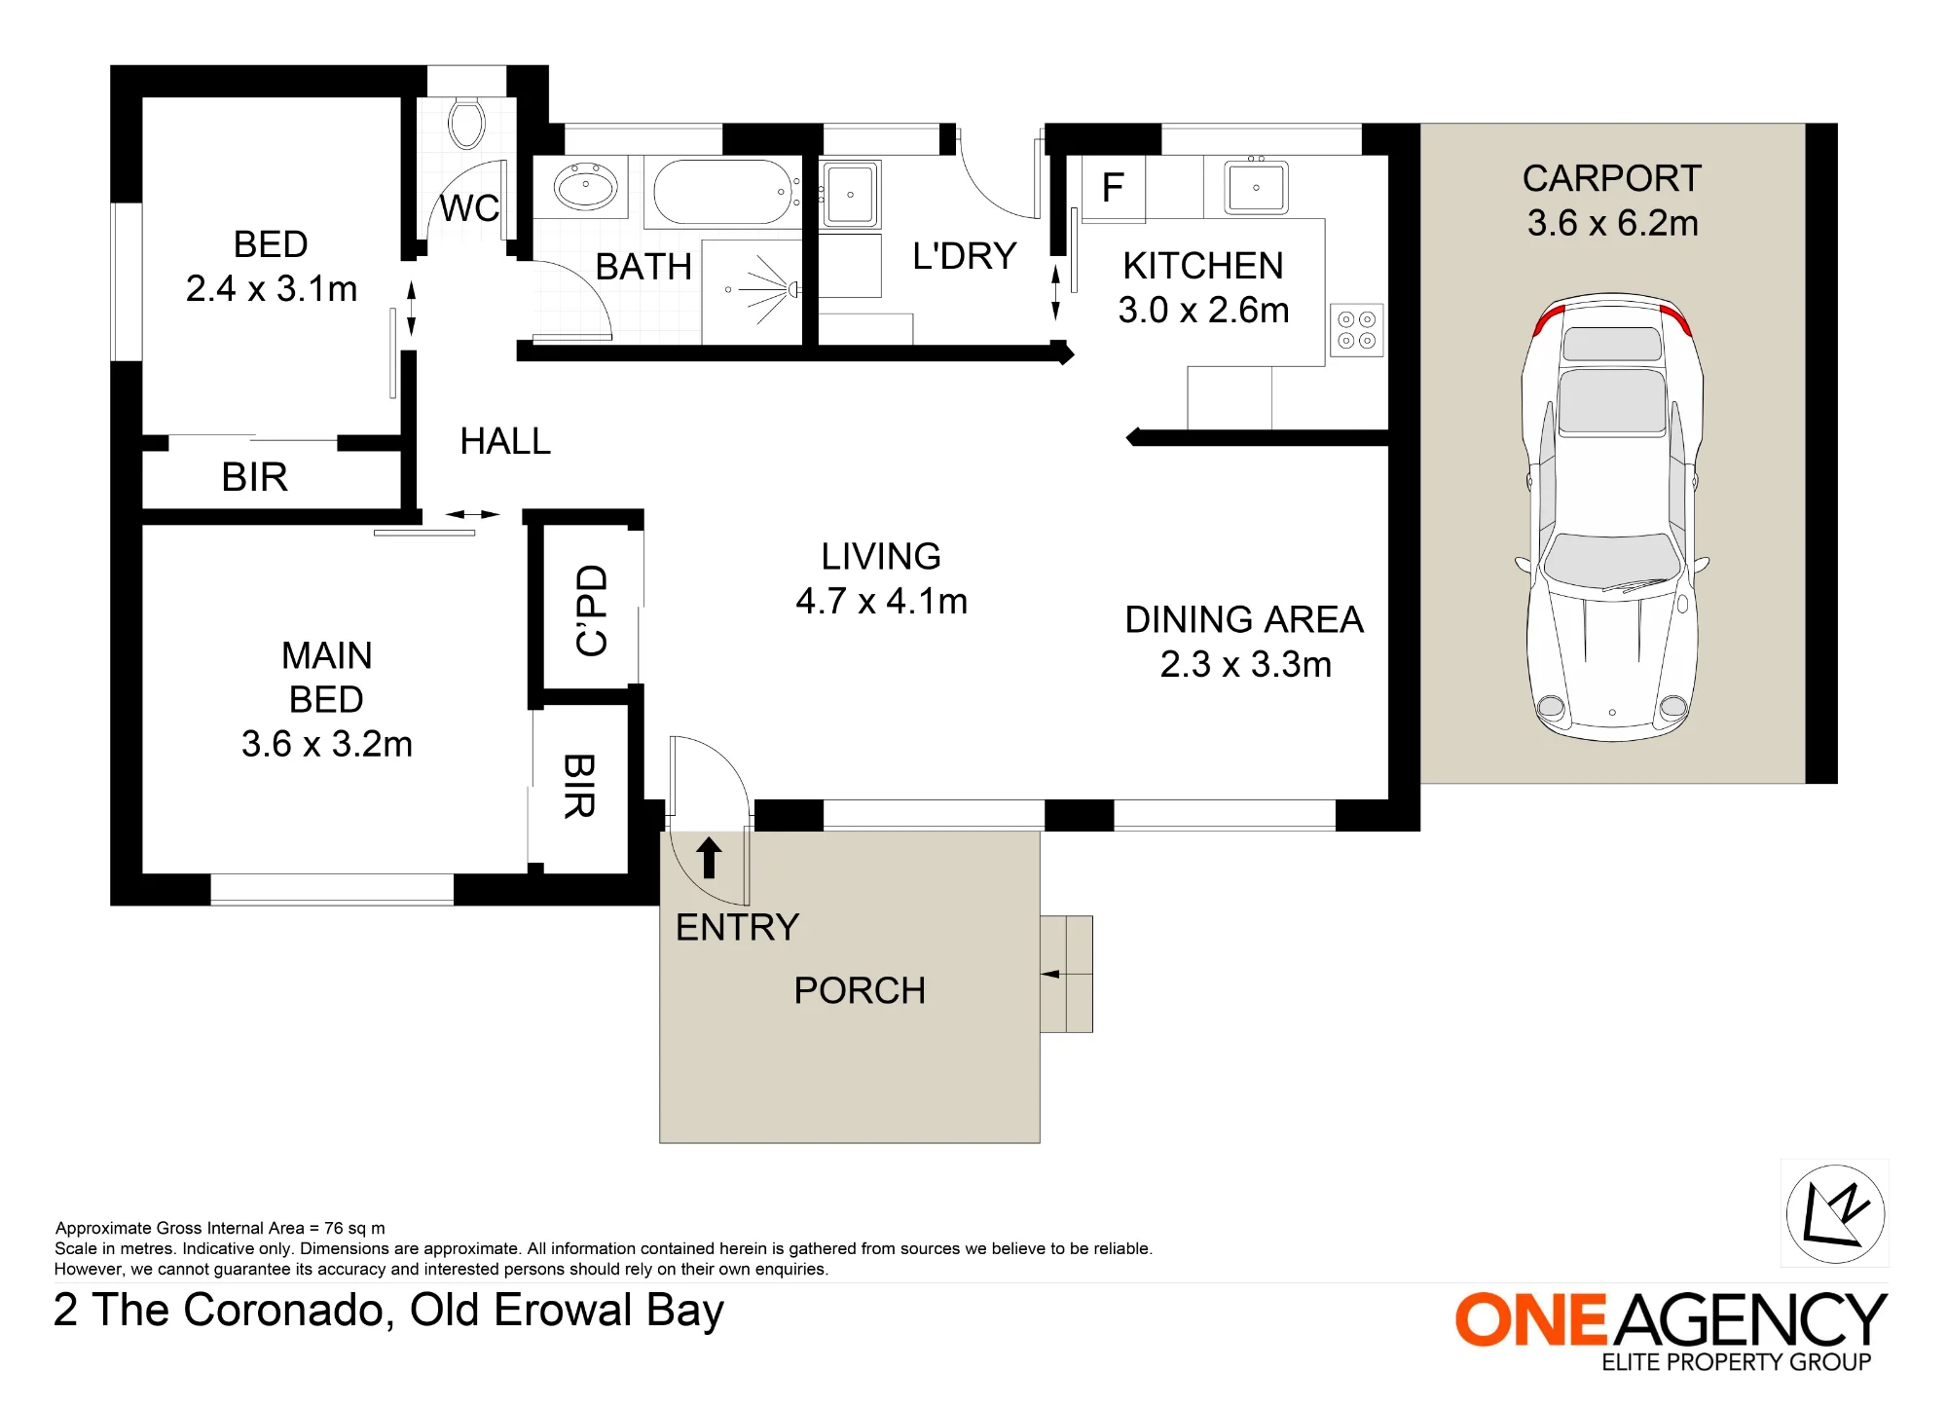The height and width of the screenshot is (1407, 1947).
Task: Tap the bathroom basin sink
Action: coord(585,186)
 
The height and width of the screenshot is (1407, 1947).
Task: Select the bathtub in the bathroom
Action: coord(722,192)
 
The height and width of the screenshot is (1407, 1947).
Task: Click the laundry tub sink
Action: coord(850,194)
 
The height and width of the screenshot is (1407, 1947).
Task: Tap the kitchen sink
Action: coord(1256,186)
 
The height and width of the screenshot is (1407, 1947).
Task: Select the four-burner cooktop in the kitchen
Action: coord(1356,330)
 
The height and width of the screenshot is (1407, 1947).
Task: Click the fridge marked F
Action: coord(1113,187)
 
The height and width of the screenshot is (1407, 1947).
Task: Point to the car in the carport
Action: coord(1612,516)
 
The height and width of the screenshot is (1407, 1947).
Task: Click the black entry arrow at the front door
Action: coord(709,857)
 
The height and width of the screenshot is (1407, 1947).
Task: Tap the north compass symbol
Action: coord(1835,1213)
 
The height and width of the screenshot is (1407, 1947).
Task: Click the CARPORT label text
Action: coord(1612,178)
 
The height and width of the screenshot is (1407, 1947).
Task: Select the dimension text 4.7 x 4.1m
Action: coord(881,601)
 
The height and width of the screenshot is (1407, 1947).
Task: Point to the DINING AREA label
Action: coord(1244,619)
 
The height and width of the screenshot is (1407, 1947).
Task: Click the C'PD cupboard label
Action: coord(592,611)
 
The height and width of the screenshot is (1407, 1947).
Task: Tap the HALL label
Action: coord(505,441)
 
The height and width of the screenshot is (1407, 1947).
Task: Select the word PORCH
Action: coord(860,990)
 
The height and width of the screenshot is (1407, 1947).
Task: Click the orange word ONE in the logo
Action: coord(1530,1320)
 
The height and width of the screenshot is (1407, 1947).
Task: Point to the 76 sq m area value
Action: coord(354,1228)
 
